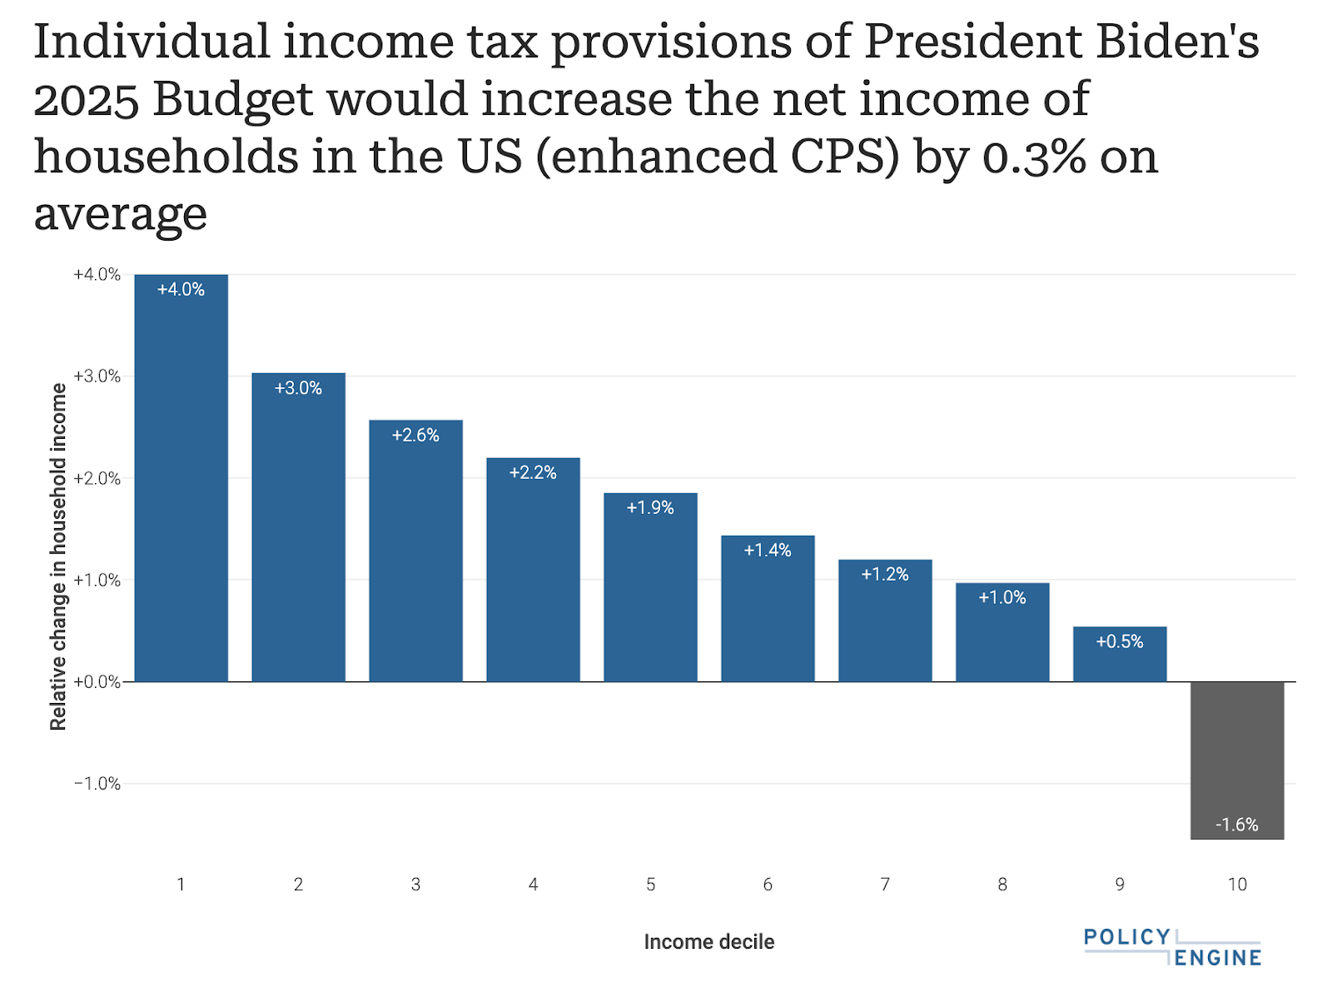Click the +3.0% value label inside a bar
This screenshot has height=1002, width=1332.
(x=298, y=388)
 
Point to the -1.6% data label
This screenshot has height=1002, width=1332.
(x=1237, y=825)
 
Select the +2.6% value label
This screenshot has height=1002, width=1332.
(x=415, y=435)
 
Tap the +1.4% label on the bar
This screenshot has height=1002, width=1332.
(x=768, y=550)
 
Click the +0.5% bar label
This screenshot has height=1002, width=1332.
(x=1120, y=641)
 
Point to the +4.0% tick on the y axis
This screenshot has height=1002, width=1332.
(x=97, y=275)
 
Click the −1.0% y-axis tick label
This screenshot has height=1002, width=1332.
(x=97, y=784)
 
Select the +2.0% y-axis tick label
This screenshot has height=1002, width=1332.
(x=97, y=478)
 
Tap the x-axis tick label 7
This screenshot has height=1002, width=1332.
(x=885, y=885)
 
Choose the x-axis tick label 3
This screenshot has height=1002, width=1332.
(x=415, y=885)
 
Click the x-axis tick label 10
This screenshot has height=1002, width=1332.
(x=1237, y=885)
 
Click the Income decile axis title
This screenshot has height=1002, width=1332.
(x=709, y=942)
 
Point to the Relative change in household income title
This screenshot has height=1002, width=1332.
(x=58, y=556)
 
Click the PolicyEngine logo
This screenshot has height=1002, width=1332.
(x=1172, y=947)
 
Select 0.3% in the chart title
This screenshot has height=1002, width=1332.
(x=1034, y=157)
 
